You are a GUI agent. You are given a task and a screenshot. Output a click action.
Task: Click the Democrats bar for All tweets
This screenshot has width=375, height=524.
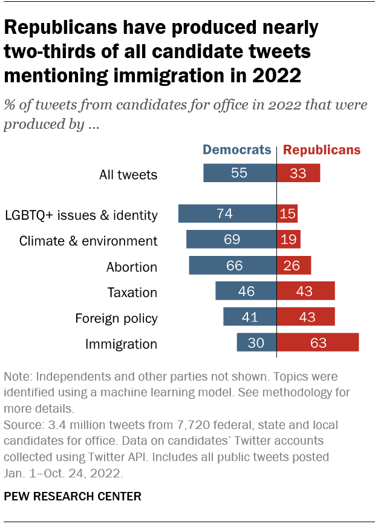click(x=240, y=174)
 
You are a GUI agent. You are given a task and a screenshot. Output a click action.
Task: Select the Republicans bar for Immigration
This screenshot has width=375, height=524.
click(x=318, y=342)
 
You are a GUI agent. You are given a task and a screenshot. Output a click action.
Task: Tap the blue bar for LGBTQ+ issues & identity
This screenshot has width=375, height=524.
click(x=227, y=214)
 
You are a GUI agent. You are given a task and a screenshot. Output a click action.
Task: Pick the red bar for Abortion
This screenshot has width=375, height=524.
click(x=294, y=266)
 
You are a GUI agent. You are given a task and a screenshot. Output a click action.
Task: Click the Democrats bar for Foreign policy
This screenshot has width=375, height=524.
click(x=249, y=317)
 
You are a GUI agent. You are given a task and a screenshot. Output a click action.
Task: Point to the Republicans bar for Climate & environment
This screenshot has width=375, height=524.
click(x=289, y=240)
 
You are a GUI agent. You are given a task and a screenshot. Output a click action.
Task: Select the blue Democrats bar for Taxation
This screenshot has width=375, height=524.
click(x=246, y=291)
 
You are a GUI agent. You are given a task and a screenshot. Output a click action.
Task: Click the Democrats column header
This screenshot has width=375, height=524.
click(x=236, y=150)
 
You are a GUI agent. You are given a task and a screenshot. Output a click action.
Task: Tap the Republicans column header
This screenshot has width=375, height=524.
click(x=322, y=150)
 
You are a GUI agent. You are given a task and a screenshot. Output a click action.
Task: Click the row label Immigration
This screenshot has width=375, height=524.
click(x=121, y=344)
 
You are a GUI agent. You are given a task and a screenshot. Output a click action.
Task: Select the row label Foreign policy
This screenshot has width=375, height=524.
click(x=116, y=318)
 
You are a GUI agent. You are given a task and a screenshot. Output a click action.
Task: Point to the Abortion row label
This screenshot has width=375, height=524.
click(x=132, y=267)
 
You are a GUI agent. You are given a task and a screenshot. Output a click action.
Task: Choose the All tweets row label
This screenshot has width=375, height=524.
click(x=128, y=175)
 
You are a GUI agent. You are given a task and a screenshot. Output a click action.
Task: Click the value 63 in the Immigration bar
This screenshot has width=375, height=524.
click(x=318, y=343)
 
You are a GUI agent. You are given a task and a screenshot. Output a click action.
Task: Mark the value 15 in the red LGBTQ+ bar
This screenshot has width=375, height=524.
click(x=287, y=215)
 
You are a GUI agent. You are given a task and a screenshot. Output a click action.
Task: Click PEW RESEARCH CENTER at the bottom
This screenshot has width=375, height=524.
click(x=73, y=496)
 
